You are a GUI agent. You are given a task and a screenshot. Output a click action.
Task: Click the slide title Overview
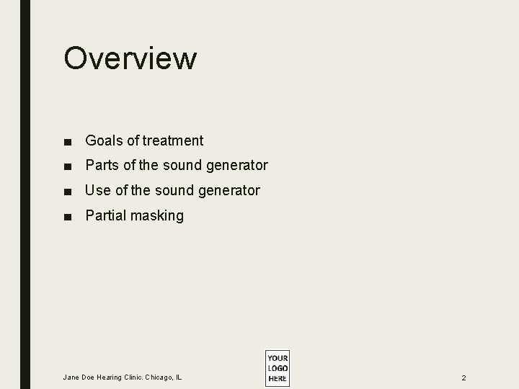tap(130, 58)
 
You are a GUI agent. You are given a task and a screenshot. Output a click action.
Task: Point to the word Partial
tap(106, 215)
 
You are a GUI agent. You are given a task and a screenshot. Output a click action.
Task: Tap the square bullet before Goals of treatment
tap(68, 141)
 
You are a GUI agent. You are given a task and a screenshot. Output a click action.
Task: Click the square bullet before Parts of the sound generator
tap(68, 166)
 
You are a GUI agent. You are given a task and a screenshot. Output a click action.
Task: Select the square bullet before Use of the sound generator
tap(68, 192)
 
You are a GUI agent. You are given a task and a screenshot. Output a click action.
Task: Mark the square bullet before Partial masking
tap(68, 216)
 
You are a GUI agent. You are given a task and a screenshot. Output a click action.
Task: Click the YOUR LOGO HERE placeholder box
tap(277, 368)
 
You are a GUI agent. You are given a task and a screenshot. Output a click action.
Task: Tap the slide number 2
tap(464, 377)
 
